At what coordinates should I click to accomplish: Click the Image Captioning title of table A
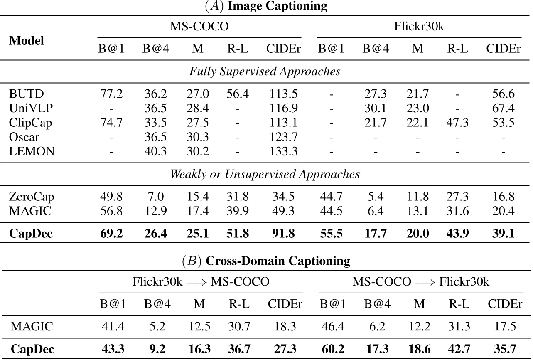(x=266, y=6)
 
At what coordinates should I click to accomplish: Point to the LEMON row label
(x=32, y=151)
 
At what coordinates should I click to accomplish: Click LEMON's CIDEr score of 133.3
(x=282, y=151)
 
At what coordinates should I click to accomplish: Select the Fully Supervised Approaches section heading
(x=265, y=71)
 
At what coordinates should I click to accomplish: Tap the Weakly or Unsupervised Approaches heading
(x=265, y=174)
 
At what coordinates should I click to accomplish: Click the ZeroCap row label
(x=32, y=197)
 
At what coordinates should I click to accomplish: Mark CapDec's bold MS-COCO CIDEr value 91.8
(x=282, y=233)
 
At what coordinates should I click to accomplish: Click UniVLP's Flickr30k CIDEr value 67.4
(x=504, y=108)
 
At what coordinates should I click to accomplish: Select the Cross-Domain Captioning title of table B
(x=266, y=261)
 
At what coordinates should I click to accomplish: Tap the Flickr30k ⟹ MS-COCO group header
(x=201, y=282)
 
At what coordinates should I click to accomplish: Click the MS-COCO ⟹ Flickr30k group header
(x=420, y=282)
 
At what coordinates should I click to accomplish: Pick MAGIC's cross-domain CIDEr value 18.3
(x=282, y=326)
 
